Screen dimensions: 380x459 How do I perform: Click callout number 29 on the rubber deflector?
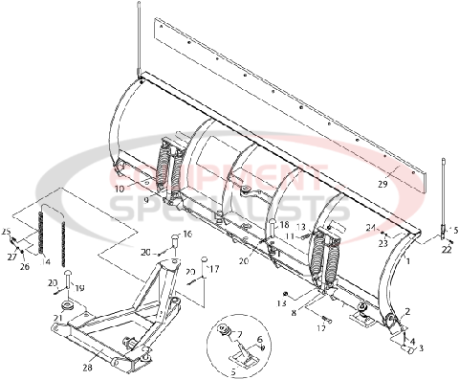coord(382,183)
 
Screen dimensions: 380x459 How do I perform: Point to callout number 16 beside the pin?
coord(187,234)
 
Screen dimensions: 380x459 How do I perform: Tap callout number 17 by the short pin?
coord(214,270)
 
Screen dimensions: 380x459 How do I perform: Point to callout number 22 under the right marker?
coord(446,250)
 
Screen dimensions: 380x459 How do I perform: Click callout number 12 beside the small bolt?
coord(321,327)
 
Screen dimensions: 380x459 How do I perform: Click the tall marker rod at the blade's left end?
coord(140,38)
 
